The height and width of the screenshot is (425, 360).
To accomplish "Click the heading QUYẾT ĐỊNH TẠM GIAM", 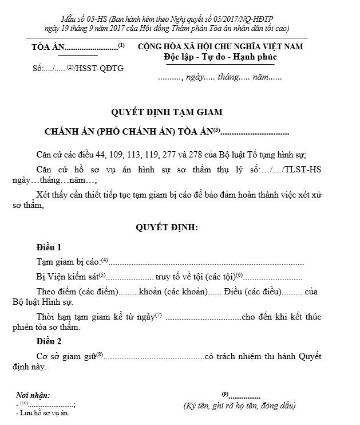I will coord(166,112).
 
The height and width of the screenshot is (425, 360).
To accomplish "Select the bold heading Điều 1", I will coord(48,247).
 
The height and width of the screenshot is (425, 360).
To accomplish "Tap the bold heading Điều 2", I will coord(48,342).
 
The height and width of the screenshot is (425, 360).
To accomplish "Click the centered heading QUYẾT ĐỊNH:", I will coord(166,227).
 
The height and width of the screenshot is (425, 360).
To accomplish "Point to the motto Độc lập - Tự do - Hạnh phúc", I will coord(220,57).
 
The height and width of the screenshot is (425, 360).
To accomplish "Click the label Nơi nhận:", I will coord(33,396).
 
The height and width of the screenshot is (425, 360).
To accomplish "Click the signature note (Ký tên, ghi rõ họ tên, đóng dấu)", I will coord(239,406).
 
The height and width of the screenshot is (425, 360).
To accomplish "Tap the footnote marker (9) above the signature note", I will coord(226,394).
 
